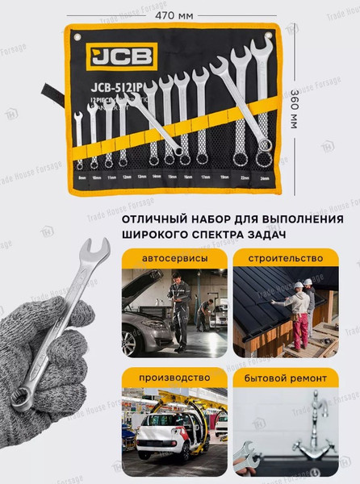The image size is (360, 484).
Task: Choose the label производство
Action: [x=175, y=377]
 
